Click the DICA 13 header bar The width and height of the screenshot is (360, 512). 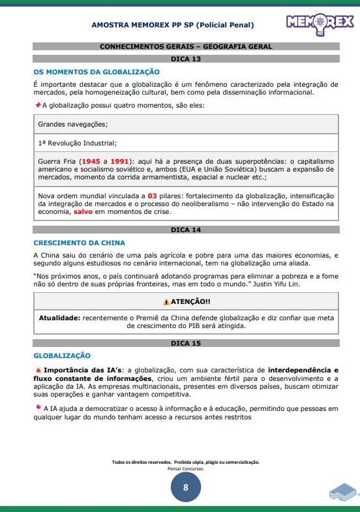(186, 59)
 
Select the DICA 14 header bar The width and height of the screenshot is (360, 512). (186, 230)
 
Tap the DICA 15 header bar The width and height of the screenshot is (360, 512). (186, 343)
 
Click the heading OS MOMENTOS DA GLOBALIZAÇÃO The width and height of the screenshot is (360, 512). (97, 72)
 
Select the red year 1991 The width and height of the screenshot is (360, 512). (119, 161)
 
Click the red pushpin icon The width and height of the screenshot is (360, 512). (37, 104)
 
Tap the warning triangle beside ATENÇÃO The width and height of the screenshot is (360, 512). (166, 301)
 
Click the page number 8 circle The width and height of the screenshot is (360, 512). (186, 487)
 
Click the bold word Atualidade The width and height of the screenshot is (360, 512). (59, 317)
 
